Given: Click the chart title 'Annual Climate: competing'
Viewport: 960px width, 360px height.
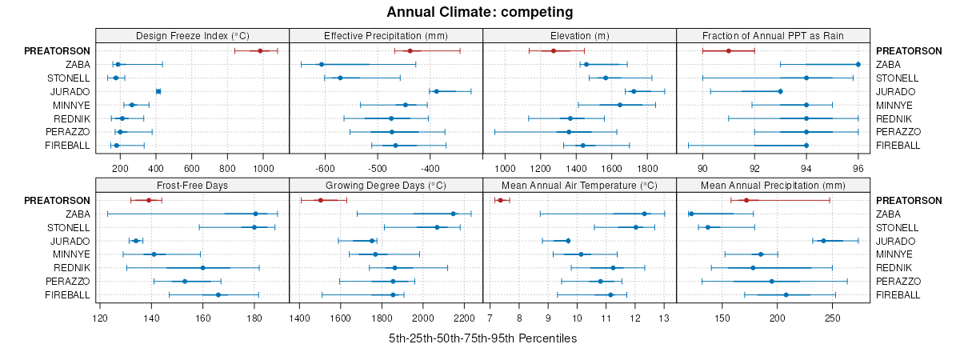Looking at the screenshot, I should tap(479, 12).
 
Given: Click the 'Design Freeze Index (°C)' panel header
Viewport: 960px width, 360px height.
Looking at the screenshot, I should tap(192, 35).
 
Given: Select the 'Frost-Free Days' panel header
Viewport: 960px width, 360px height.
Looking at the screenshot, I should tap(192, 185).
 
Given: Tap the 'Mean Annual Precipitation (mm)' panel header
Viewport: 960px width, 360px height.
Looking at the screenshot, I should tap(773, 185).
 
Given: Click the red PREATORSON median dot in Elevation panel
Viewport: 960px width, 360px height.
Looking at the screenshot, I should tap(554, 50).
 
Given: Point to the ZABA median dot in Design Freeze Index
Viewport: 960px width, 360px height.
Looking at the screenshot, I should tap(118, 64).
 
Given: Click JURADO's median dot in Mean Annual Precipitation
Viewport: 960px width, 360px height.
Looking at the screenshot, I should tap(823, 241).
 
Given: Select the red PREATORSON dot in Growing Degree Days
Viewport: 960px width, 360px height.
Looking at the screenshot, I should tap(321, 200).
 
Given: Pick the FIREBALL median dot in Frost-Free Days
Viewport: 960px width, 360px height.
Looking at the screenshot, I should tap(218, 295).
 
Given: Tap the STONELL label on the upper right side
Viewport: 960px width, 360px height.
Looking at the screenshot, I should tap(896, 78).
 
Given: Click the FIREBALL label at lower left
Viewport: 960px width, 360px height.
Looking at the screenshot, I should tap(66, 295).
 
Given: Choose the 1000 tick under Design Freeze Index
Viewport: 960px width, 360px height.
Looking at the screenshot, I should tap(263, 169).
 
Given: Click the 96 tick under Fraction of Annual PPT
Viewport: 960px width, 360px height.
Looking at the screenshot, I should tap(858, 169).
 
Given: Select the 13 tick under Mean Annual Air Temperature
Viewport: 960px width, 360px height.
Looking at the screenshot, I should tap(664, 318).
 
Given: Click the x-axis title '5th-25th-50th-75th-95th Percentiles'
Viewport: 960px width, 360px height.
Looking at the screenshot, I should tap(482, 338).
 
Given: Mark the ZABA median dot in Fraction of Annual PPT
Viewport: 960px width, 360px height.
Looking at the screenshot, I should tap(858, 64).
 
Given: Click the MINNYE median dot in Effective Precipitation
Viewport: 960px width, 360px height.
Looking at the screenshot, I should tap(406, 105).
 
